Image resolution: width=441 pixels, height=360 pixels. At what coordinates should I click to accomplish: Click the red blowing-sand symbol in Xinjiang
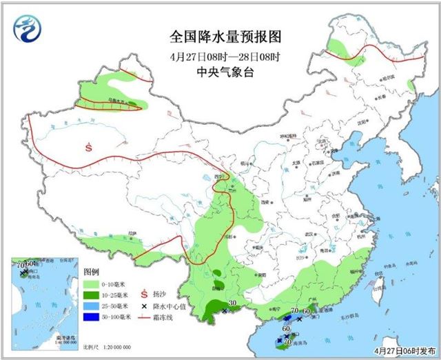click(89, 146)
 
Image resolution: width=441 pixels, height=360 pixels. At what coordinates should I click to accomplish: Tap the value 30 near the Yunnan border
click(232, 303)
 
